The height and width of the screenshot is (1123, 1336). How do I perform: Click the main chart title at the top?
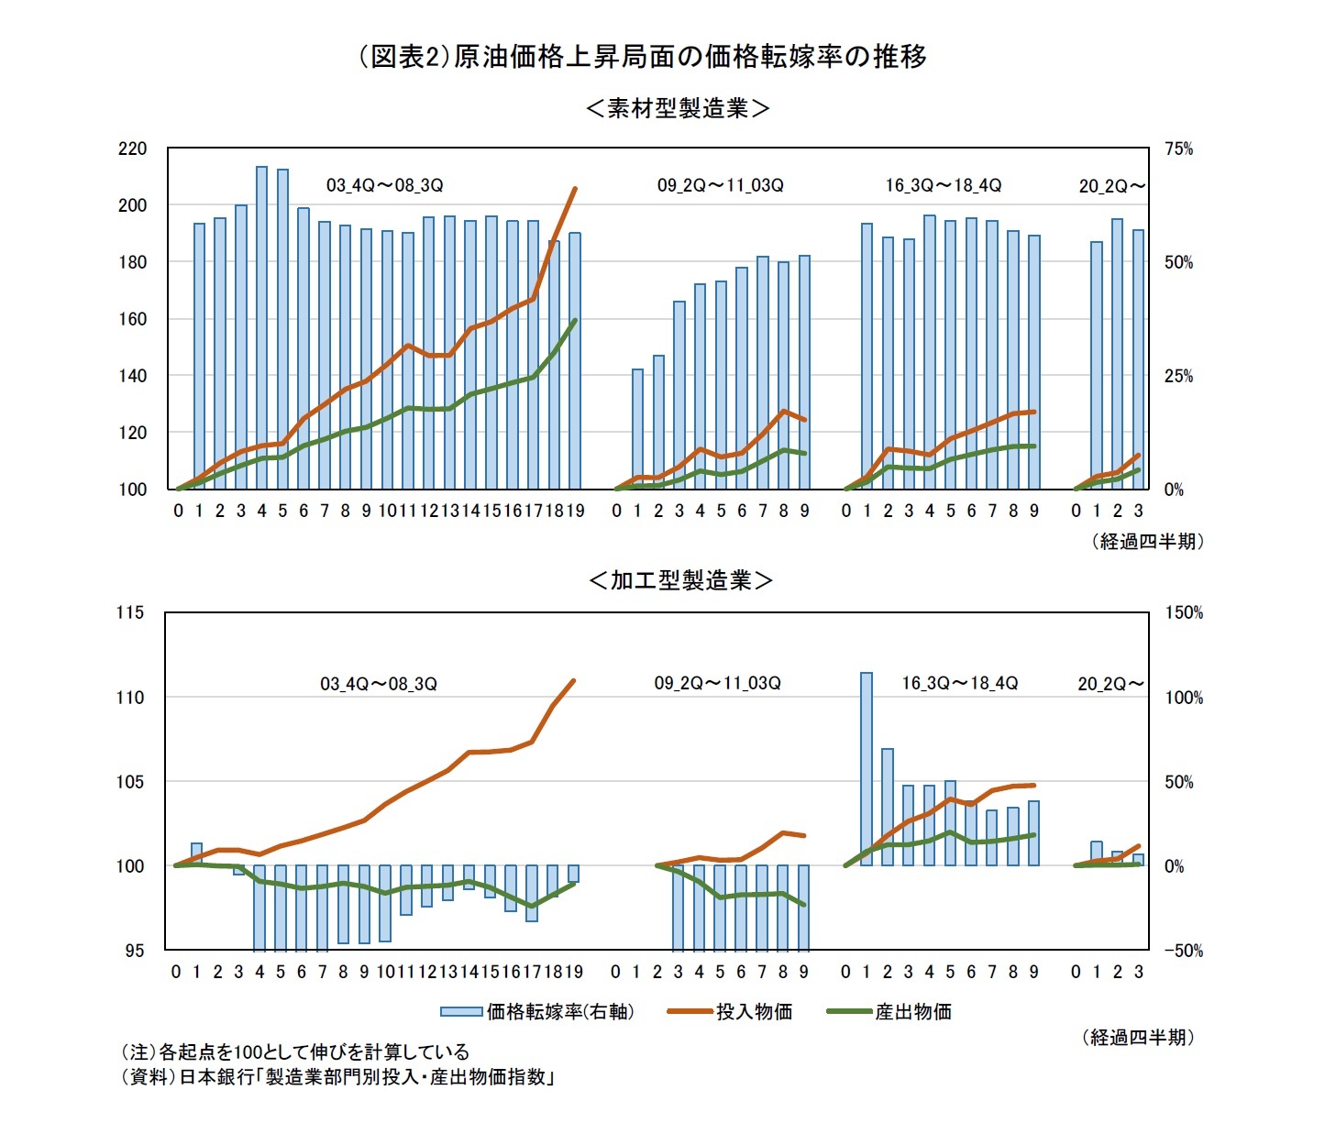point(642,57)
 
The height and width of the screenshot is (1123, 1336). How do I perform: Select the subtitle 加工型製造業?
point(679,580)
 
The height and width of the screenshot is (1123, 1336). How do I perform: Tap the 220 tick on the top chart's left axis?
point(132,149)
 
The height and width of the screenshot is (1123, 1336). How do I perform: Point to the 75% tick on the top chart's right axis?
point(1178,149)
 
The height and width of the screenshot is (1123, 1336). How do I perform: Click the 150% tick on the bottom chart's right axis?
point(1183,612)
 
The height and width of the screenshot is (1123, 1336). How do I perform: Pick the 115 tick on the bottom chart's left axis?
point(130,612)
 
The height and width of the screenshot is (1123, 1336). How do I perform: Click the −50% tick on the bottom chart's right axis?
point(1183,951)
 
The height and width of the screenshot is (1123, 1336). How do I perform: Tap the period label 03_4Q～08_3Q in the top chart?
point(384,185)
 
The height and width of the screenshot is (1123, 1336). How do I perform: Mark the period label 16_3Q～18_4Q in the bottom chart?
point(959,683)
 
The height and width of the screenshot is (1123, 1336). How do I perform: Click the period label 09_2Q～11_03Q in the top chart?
point(720,185)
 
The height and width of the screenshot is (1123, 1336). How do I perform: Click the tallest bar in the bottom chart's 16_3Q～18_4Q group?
point(866,770)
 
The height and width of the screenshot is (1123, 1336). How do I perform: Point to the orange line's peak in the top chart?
point(575,189)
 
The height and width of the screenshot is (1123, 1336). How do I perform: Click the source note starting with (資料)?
point(337,1076)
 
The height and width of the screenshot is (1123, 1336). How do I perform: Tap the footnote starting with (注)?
point(294,1051)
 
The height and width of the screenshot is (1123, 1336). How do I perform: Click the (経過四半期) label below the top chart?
point(1147,542)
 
